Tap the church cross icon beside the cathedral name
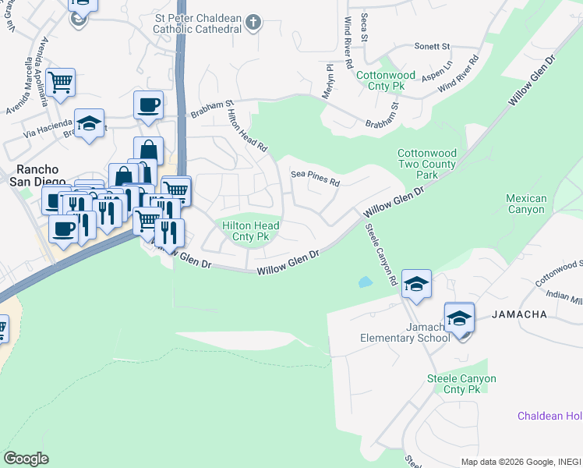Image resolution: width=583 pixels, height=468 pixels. pos(252,23)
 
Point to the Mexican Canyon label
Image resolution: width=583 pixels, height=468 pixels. pos(526,204)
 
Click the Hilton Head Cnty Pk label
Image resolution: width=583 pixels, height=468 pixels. pos(251,230)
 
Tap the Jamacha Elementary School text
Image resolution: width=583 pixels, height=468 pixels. pos(405,331)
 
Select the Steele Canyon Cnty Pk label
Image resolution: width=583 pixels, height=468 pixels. pos(461,384)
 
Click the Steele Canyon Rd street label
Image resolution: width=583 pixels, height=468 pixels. pos(382,254)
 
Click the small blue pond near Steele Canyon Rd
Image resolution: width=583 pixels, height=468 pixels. pos(364,282)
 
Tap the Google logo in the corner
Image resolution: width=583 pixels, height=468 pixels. pos(26,459)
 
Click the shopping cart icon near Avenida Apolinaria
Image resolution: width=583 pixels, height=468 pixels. pos(60,81)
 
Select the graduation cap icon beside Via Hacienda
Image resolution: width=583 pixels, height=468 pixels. pos(90,122)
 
